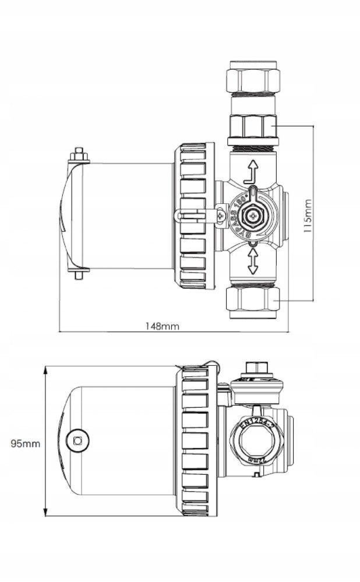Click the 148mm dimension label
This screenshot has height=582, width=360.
tap(163, 326)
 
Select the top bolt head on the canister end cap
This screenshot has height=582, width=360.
tap(78, 156)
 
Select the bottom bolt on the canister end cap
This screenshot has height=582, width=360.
tap(78, 274)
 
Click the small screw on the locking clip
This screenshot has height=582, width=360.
tap(220, 216)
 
